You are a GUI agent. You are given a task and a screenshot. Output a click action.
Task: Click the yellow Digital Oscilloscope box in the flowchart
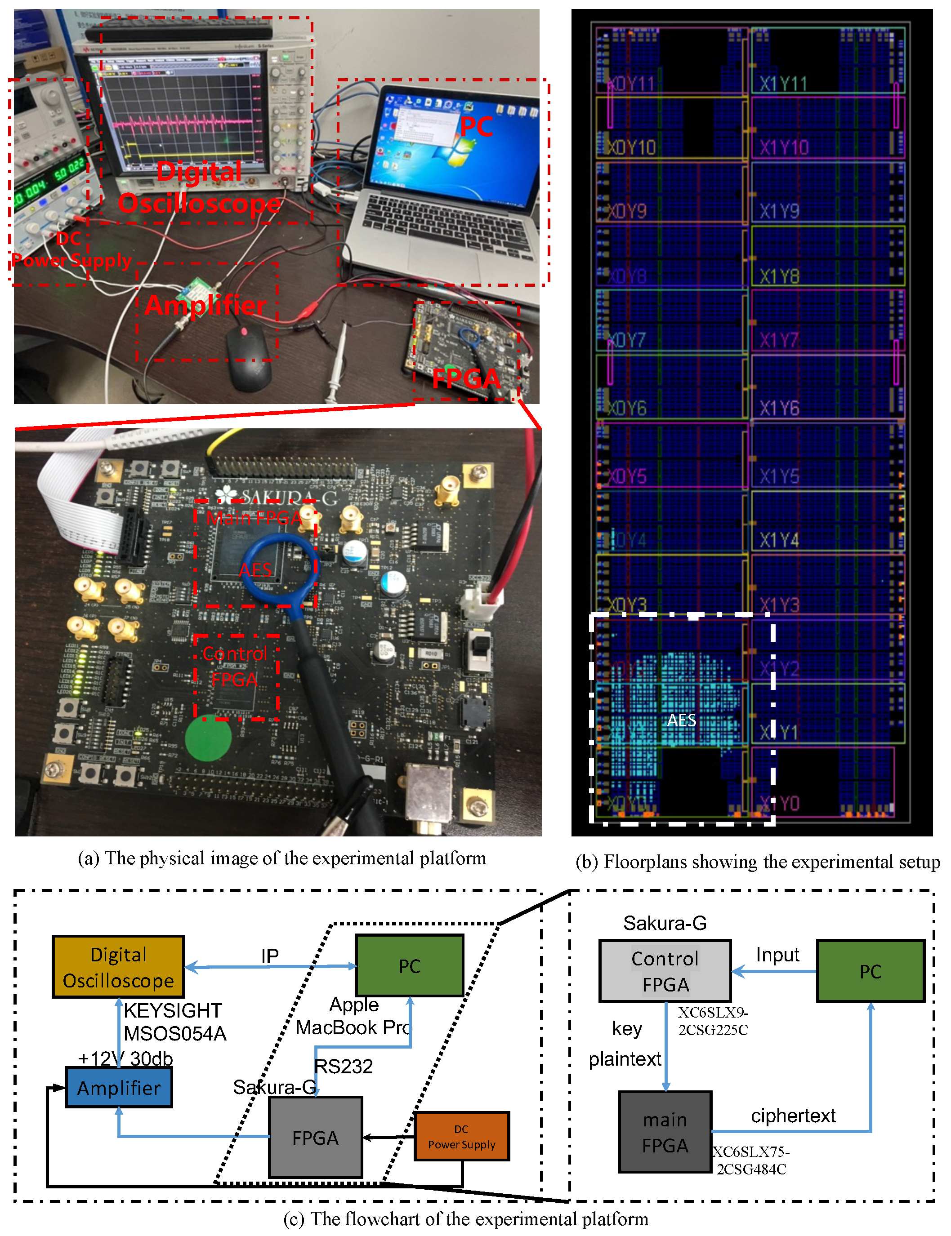pyautogui.click(x=118, y=966)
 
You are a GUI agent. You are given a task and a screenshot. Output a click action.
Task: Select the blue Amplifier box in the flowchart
pyautogui.click(x=119, y=1087)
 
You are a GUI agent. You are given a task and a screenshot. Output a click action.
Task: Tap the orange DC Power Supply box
pyautogui.click(x=461, y=1136)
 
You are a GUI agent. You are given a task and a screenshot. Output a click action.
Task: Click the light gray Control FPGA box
pyautogui.click(x=665, y=971)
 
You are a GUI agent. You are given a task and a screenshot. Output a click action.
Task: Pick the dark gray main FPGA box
pyautogui.click(x=665, y=1132)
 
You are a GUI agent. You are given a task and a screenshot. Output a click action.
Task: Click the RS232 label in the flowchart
pyautogui.click(x=344, y=1066)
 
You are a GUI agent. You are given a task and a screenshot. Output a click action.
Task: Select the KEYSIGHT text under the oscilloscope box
pyautogui.click(x=173, y=1010)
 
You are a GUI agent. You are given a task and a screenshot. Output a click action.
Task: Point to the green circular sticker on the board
pyautogui.click(x=208, y=738)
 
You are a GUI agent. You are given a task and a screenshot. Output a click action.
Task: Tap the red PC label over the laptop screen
pyautogui.click(x=476, y=126)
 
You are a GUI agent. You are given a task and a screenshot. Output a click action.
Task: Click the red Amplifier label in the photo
pyautogui.click(x=206, y=306)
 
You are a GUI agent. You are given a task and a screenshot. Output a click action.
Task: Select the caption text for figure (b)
pyautogui.click(x=757, y=861)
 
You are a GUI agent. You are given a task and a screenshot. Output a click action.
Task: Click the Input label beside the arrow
pyautogui.click(x=777, y=954)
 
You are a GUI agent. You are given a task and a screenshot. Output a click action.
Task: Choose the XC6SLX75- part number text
pyautogui.click(x=750, y=1151)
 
